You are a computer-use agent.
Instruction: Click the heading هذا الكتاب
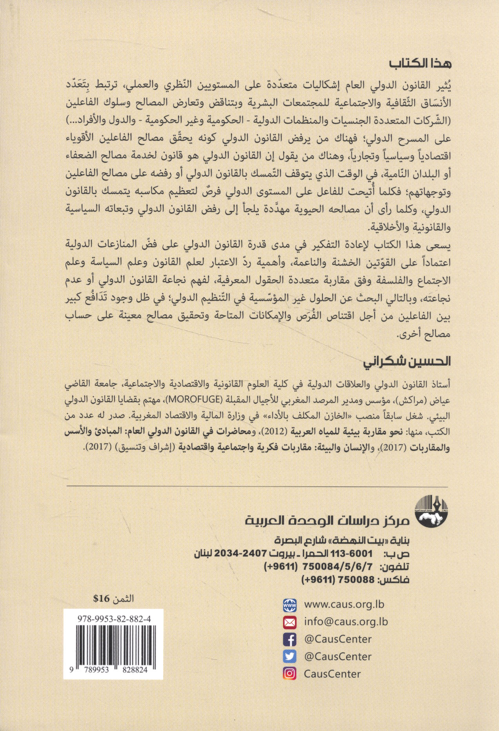(x=420, y=64)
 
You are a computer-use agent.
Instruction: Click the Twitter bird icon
(x=290, y=657)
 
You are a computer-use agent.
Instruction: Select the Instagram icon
(x=290, y=674)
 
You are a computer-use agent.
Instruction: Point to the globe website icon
(x=290, y=605)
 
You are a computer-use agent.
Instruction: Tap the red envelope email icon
(x=290, y=622)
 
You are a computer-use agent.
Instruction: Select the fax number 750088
(x=357, y=580)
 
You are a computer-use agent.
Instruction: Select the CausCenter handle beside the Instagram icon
(x=332, y=674)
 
